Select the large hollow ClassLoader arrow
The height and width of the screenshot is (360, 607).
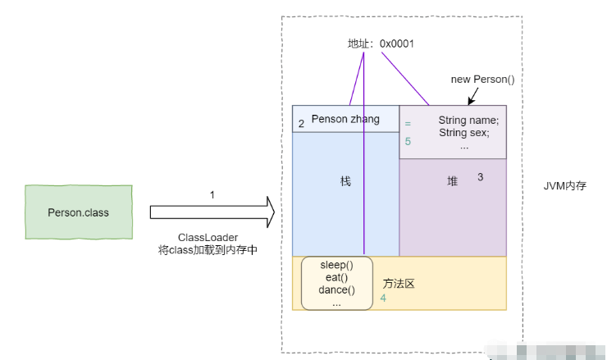[212, 212]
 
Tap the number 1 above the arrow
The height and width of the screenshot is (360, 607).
[212, 194]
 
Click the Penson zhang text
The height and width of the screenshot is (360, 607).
[345, 119]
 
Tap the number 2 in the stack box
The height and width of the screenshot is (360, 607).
[301, 124]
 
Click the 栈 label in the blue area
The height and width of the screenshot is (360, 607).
[345, 181]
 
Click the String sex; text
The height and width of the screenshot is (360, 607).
[464, 132]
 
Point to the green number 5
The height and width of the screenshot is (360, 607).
[408, 141]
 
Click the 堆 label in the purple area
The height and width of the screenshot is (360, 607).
[452, 181]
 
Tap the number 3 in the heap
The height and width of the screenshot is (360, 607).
[480, 176]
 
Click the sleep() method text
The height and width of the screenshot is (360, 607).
[337, 266]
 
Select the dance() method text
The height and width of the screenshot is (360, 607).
[337, 289]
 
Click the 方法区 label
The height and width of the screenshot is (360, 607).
[399, 284]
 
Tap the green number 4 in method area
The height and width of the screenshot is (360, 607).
[383, 298]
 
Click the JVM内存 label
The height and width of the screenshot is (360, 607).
[565, 186]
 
